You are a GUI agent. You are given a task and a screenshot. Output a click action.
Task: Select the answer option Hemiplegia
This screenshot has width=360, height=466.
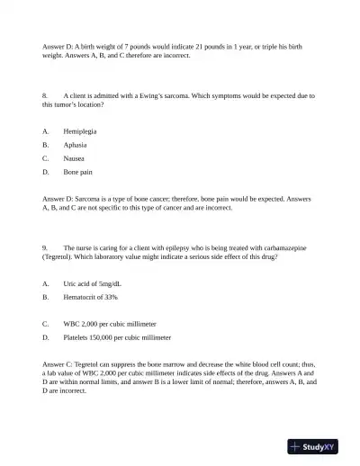pos(80,130)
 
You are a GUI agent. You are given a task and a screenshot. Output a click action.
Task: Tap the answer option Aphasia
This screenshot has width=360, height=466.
pos(75,144)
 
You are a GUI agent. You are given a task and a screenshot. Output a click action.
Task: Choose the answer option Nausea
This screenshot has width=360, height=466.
pos(74,157)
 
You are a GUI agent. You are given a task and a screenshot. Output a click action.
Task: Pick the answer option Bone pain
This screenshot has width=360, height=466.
pos(77,171)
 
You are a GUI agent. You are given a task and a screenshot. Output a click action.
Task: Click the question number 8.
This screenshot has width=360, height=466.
pos(44,94)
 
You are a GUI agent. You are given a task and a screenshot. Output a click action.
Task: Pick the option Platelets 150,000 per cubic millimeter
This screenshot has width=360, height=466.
pos(117,337)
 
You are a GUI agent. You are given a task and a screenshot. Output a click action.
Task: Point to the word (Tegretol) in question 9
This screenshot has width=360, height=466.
pos(59,256)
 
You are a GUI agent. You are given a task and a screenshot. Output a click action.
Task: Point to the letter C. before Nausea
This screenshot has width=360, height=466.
pos(45,157)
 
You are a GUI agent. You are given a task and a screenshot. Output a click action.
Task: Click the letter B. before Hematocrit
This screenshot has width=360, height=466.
pos(45,296)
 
